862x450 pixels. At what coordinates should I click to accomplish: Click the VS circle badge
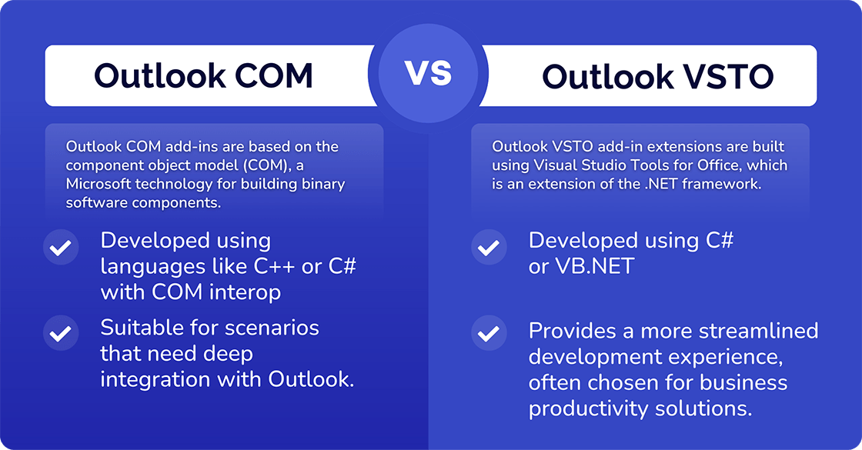pos(428,74)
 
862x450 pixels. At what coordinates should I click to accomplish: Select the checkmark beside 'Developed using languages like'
pos(61,248)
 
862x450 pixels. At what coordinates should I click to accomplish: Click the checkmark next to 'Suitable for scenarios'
pos(61,333)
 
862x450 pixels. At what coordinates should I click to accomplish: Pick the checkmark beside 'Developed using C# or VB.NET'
pos(489,248)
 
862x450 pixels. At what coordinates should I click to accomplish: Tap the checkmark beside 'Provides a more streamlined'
pos(489,333)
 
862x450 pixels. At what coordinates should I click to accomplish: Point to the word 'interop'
pos(245,292)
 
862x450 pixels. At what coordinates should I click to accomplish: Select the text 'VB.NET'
pos(595,266)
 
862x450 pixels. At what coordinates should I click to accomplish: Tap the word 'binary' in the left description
pos(323,184)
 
